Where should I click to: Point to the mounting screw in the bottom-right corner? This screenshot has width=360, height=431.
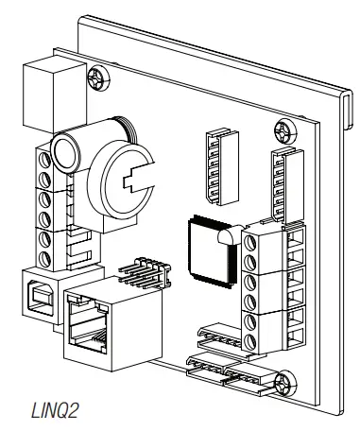283,385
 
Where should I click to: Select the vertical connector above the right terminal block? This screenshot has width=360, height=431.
286,181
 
